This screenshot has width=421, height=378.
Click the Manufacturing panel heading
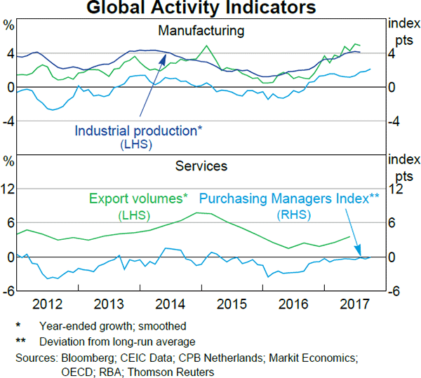pos(201,31)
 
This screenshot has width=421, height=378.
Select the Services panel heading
pos(201,166)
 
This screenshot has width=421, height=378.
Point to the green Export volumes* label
pos(138,198)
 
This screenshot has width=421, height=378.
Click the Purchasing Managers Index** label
pos(290,198)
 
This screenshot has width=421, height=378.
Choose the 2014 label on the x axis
pos(170,304)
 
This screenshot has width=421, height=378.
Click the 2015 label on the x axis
pos(229,304)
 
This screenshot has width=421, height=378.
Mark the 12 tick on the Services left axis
pos(10,189)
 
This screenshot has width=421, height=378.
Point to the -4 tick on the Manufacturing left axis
pos(8,121)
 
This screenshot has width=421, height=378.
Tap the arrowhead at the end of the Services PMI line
pos(359,255)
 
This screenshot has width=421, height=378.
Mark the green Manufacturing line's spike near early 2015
pos(206,47)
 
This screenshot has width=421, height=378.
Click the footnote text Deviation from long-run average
pos(117,342)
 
